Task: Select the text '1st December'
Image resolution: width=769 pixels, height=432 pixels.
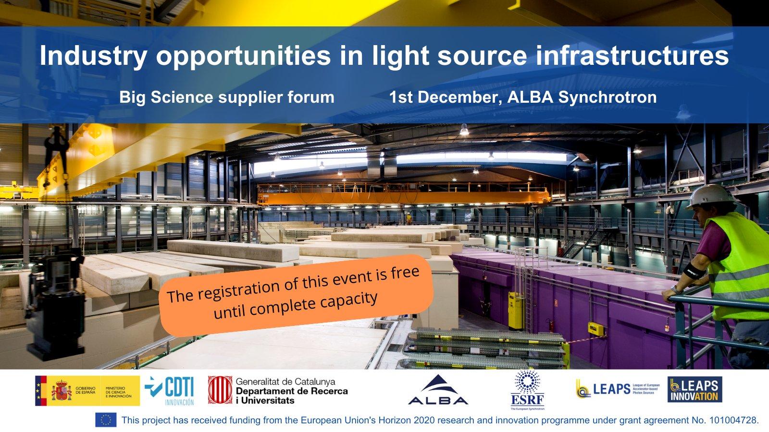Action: (x=444, y=97)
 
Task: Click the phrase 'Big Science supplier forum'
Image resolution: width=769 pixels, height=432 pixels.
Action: (x=226, y=97)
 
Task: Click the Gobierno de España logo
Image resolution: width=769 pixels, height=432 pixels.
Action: (x=87, y=391)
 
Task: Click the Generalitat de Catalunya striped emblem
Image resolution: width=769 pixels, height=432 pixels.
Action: (x=220, y=390)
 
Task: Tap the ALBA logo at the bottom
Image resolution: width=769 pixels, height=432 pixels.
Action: (x=438, y=390)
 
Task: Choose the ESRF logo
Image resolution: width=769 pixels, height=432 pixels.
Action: (x=527, y=390)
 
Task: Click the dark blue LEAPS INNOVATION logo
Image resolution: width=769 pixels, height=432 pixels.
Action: (x=695, y=390)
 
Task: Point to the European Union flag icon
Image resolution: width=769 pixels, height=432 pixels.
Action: (x=106, y=420)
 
